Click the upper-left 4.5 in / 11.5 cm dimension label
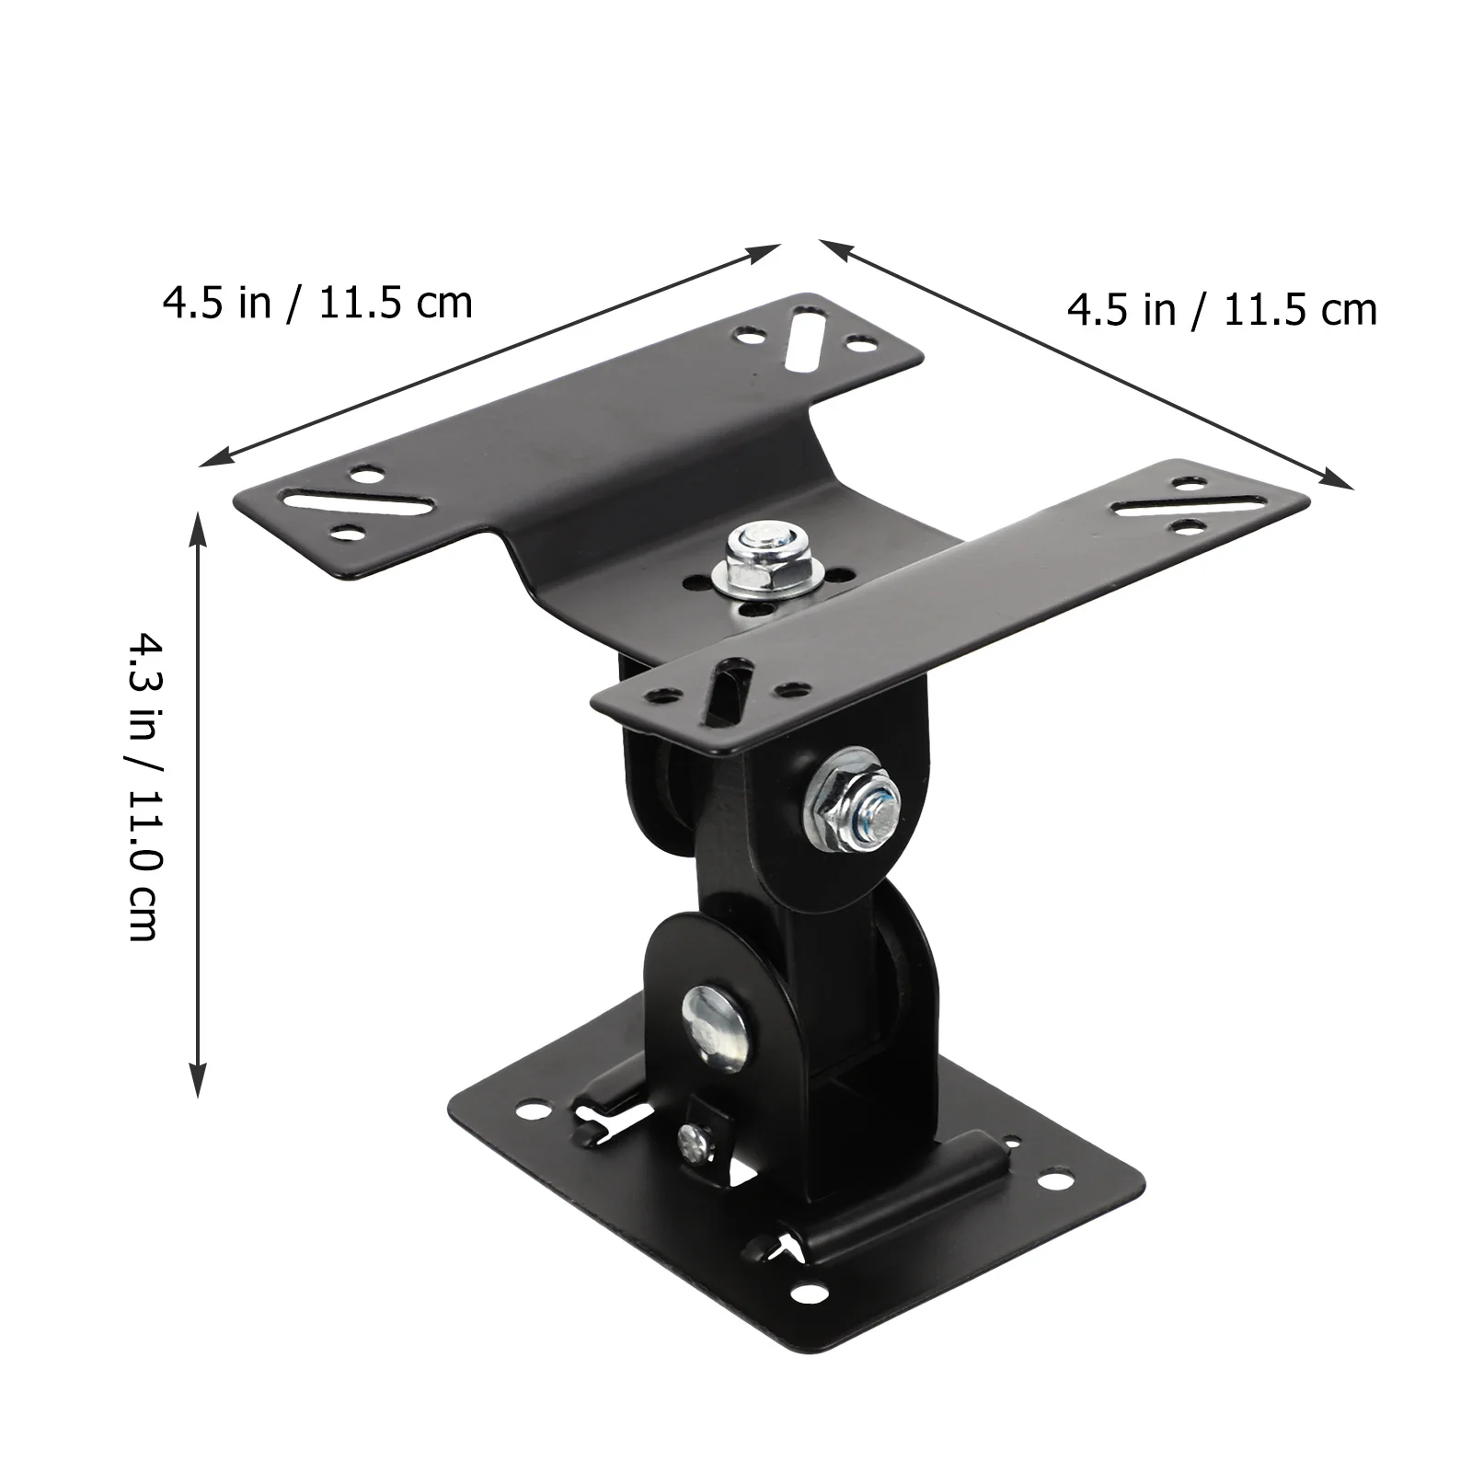click(x=317, y=302)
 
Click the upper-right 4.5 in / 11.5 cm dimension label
click(x=1222, y=310)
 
